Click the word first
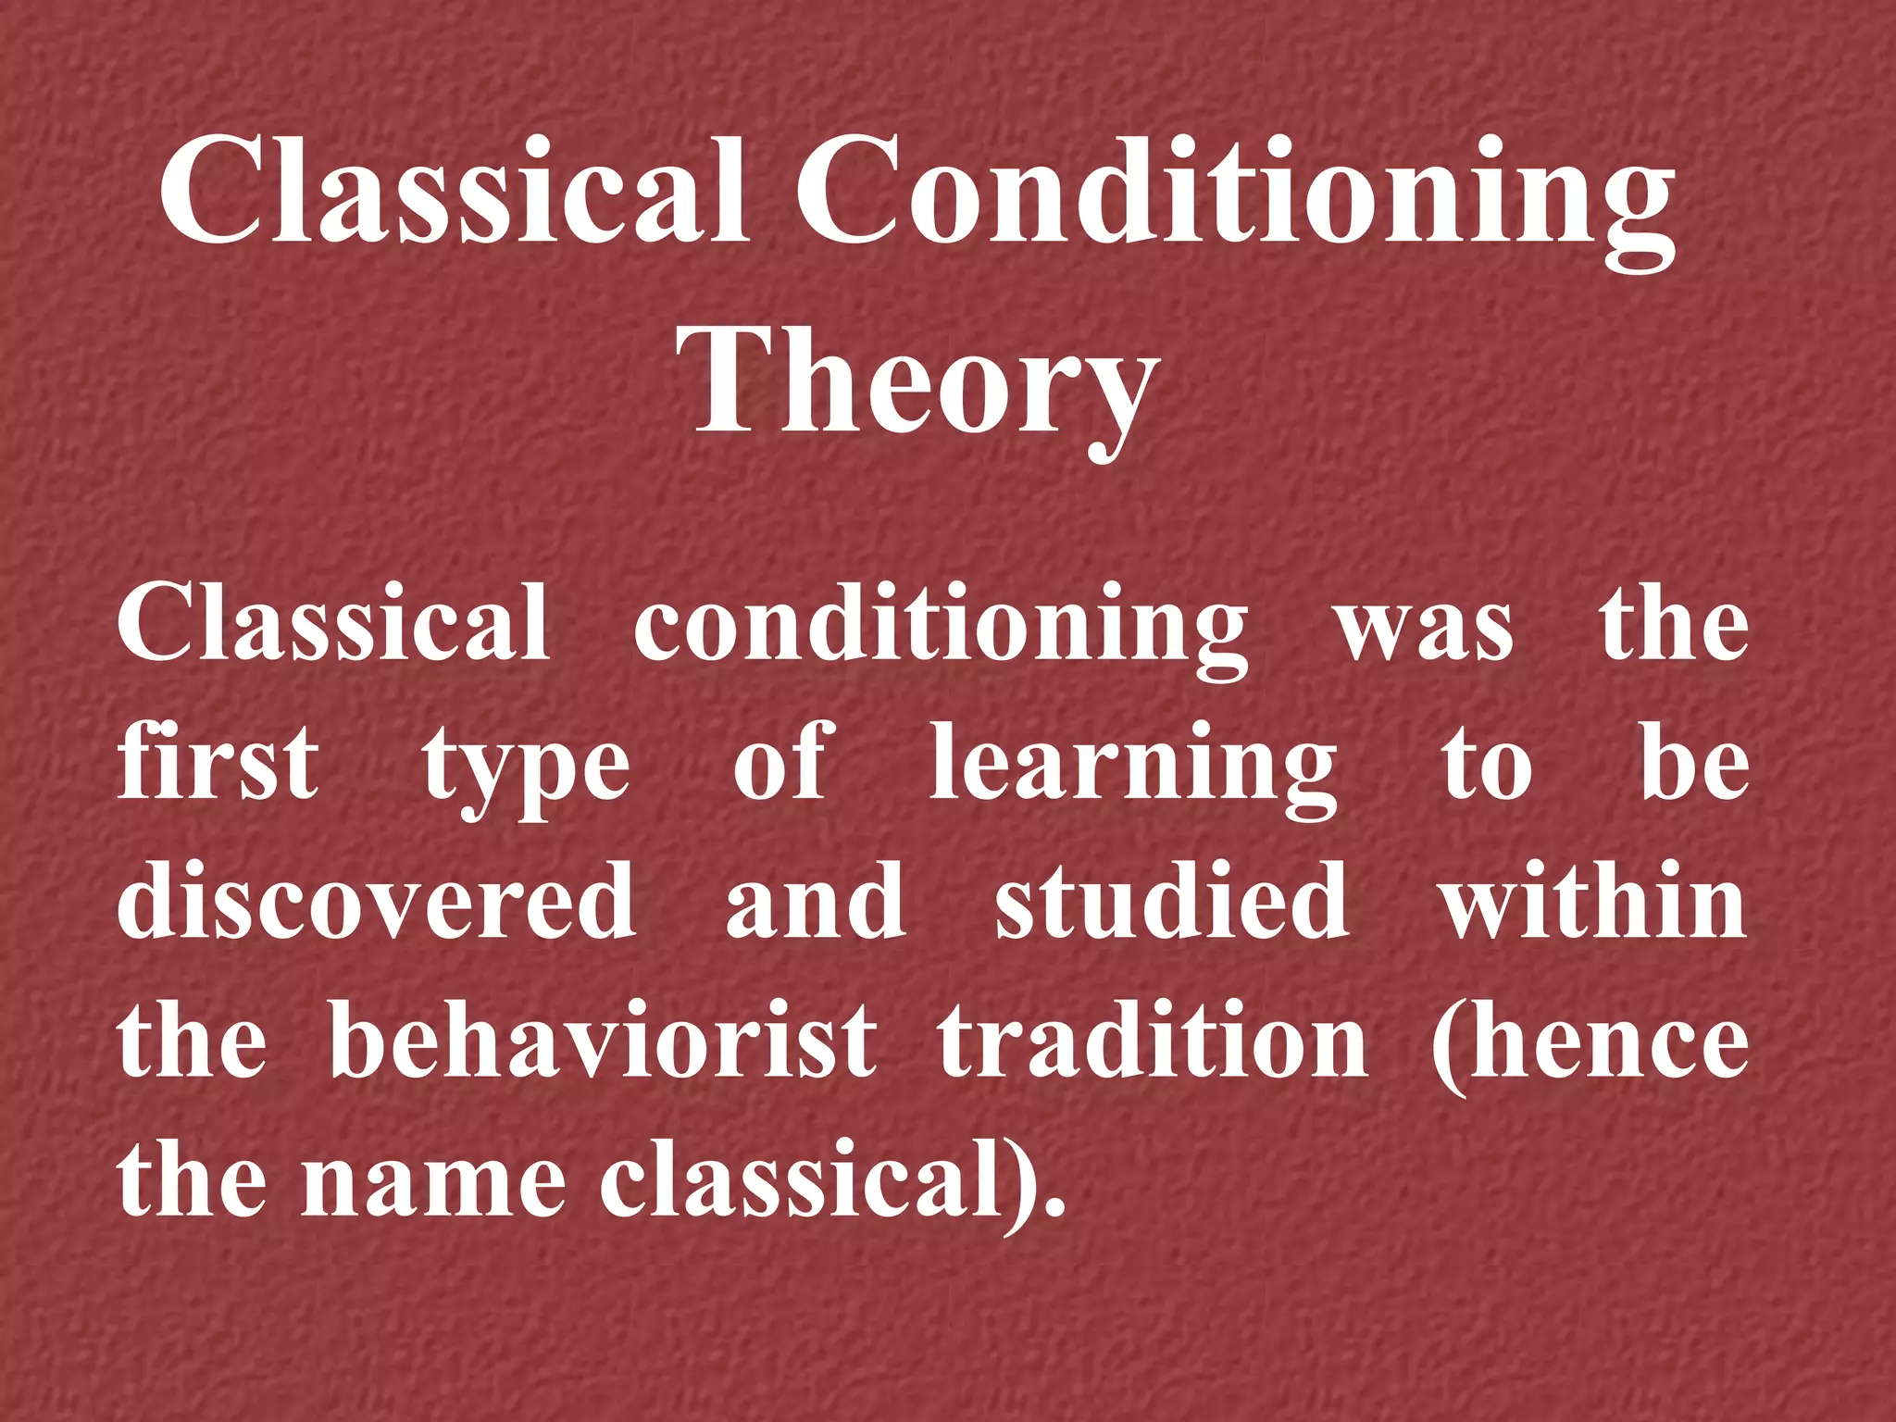click(218, 764)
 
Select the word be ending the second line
click(1694, 764)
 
